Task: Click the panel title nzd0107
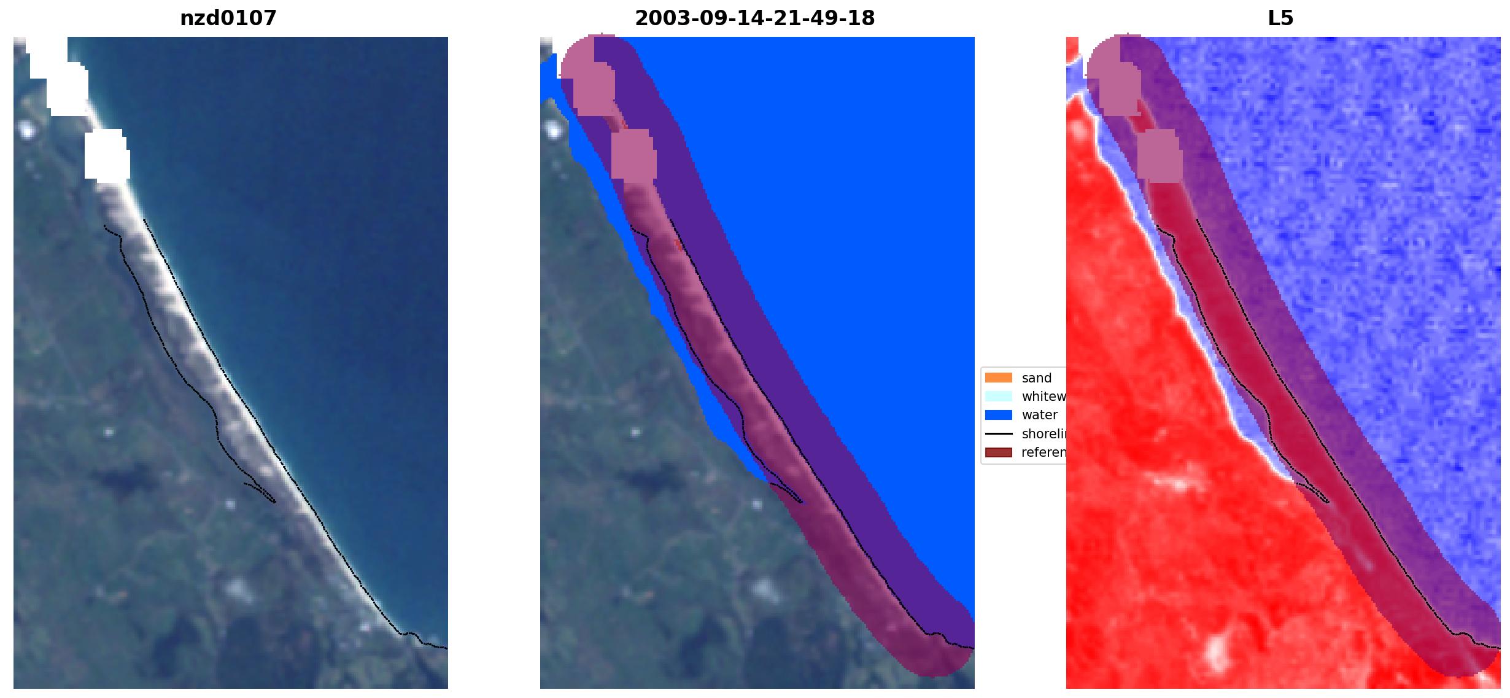[x=228, y=18]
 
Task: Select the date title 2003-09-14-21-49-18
[x=754, y=18]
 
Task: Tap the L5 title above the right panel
[x=1280, y=18]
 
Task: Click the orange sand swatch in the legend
[x=998, y=378]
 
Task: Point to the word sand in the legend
[x=1037, y=378]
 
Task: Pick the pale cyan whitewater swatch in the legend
[x=998, y=396]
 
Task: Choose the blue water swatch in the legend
[x=998, y=415]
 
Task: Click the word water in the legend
[x=1039, y=415]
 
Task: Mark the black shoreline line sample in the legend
[x=998, y=434]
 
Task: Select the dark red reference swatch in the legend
[x=998, y=452]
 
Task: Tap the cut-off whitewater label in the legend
[x=1043, y=397]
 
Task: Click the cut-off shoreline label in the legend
[x=1043, y=434]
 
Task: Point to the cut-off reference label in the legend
[x=1043, y=452]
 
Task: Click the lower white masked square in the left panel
[x=106, y=154]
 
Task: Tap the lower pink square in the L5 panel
[x=1159, y=155]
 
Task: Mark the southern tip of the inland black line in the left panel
[x=274, y=502]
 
